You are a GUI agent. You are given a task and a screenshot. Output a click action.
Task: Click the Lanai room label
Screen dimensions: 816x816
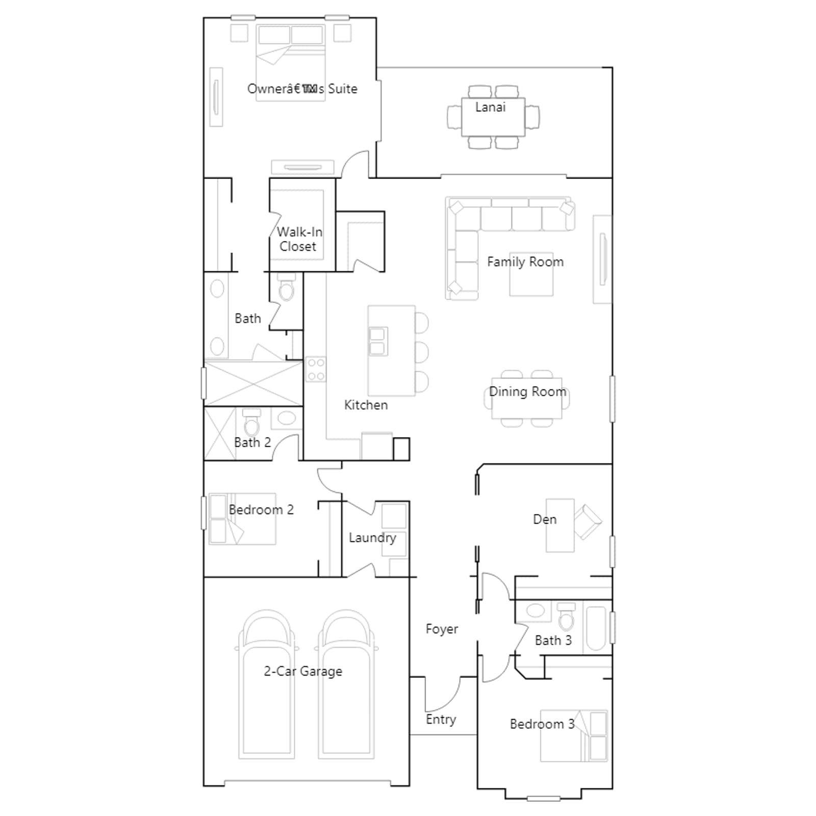click(490, 107)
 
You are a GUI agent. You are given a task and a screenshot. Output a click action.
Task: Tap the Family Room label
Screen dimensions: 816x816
click(525, 262)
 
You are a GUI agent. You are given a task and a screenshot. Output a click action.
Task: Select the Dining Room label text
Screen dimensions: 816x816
click(528, 392)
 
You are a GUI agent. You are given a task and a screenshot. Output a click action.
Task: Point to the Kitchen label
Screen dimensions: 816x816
click(366, 405)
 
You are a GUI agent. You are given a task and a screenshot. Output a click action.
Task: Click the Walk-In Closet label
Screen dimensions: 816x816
click(299, 239)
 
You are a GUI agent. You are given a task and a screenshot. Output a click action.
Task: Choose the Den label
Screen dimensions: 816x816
click(545, 520)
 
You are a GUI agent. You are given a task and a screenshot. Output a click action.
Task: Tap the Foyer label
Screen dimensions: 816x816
click(442, 629)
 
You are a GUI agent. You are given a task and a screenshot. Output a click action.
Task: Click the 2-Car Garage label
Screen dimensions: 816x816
click(303, 671)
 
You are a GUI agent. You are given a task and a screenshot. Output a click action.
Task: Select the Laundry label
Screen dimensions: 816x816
click(372, 538)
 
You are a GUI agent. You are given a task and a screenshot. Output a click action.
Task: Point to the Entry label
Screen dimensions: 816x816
click(441, 720)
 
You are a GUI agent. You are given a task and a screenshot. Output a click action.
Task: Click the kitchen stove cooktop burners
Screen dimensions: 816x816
click(316, 370)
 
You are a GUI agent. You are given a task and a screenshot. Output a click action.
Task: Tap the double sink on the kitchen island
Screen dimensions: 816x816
click(378, 341)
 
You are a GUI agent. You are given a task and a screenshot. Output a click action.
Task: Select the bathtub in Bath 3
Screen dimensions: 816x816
click(596, 628)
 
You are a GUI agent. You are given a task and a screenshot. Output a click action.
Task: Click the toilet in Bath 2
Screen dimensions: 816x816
click(251, 422)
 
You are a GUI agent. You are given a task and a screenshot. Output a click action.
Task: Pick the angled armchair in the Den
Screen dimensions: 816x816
click(588, 522)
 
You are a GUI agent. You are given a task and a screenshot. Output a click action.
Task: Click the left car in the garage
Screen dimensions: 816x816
click(266, 683)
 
